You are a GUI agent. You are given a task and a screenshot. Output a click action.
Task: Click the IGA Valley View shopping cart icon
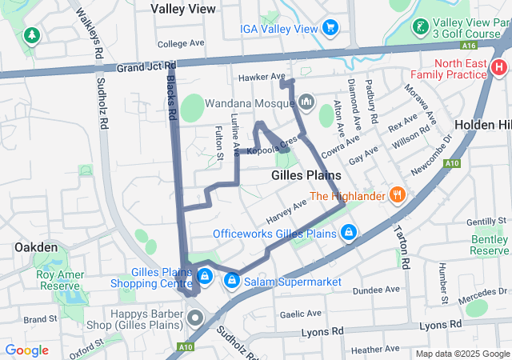tap(330, 28)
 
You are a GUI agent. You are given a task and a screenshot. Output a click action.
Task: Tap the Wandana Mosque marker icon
tap(307, 104)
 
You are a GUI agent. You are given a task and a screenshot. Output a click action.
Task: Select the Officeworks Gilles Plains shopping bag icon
tap(348, 233)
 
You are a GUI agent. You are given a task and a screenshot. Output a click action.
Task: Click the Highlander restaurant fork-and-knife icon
tap(396, 195)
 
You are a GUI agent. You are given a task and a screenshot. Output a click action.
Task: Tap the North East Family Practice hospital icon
tap(499, 67)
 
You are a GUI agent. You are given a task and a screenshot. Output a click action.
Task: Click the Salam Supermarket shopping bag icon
tap(232, 281)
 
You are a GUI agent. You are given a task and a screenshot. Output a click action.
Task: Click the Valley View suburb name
tap(182, 8)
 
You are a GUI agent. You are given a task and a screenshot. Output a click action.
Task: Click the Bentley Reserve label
tap(490, 245)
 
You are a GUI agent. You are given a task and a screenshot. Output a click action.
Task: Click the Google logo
tap(26, 350)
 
